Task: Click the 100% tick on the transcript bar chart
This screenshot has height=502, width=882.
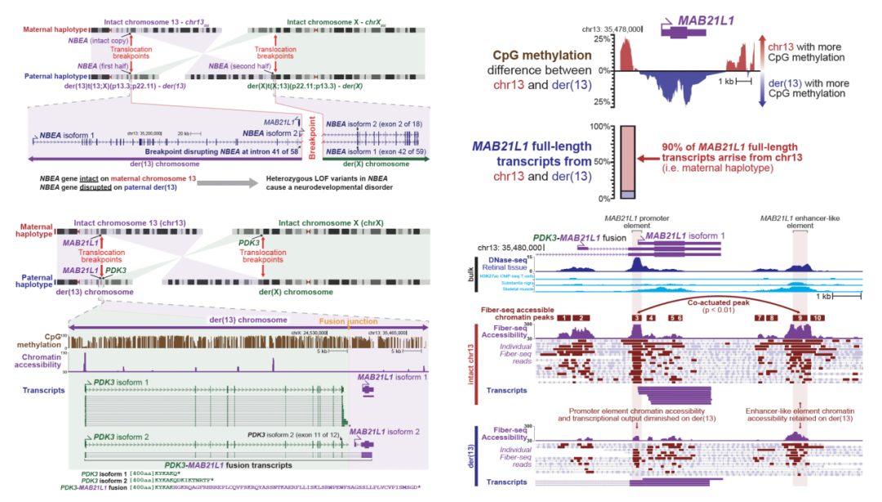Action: tap(604, 126)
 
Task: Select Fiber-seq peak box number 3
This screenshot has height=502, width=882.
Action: tap(636, 316)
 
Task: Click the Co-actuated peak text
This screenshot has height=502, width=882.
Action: tap(719, 302)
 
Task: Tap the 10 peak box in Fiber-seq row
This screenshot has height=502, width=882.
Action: tap(818, 316)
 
